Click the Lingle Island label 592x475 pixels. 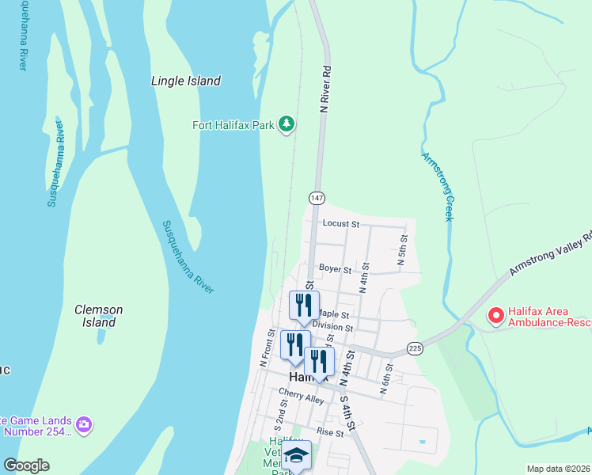pyautogui.click(x=185, y=81)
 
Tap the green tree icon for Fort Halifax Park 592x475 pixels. pyautogui.click(x=287, y=125)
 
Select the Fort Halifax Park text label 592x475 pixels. pyautogui.click(x=233, y=125)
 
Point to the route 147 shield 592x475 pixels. pyautogui.click(x=317, y=196)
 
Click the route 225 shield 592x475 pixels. pyautogui.click(x=415, y=348)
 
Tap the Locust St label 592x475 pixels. pyautogui.click(x=340, y=224)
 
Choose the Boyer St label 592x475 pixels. pyautogui.click(x=335, y=269)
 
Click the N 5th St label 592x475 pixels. pyautogui.click(x=402, y=249)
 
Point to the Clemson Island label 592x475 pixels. pyautogui.click(x=98, y=316)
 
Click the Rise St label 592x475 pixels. pyautogui.click(x=330, y=432)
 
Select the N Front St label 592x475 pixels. pyautogui.click(x=267, y=348)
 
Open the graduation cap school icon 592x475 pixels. pyautogui.click(x=296, y=455)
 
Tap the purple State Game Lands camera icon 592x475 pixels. pyautogui.click(x=84, y=426)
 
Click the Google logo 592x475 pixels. pyautogui.click(x=25, y=465)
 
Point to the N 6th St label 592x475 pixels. pyautogui.click(x=388, y=377)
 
